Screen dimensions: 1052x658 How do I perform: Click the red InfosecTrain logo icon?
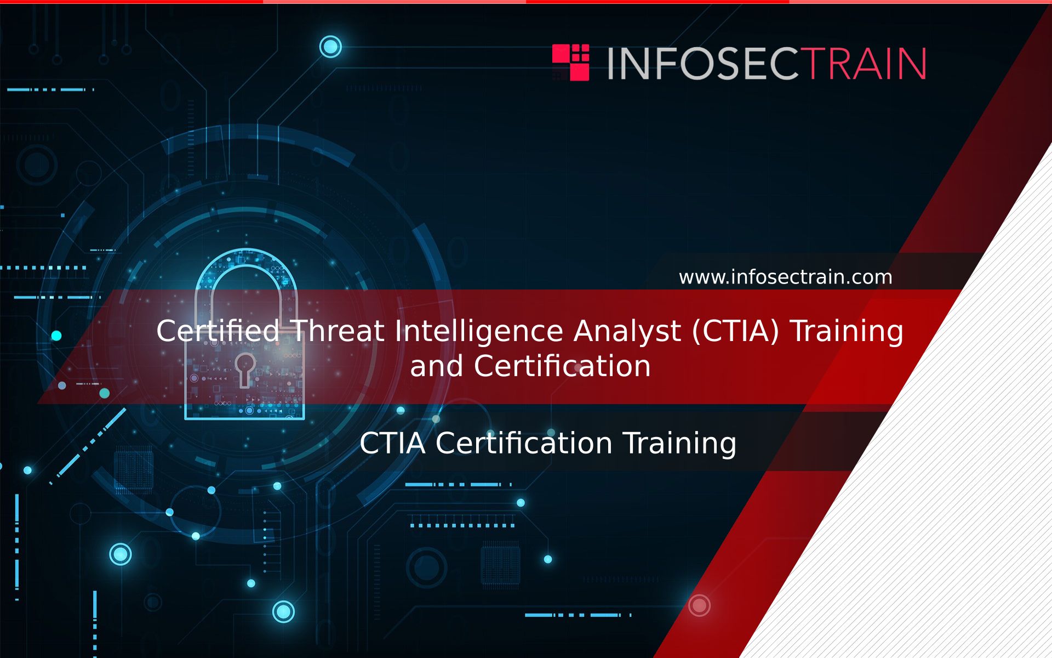point(570,63)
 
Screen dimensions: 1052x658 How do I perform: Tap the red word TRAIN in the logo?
point(865,64)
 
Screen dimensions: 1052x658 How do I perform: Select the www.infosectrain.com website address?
point(785,277)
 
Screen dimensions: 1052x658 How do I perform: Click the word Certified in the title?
point(218,331)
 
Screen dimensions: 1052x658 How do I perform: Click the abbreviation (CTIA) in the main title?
point(735,332)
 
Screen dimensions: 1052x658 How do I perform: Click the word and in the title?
point(436,366)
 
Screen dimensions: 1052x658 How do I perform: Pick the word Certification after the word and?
point(562,366)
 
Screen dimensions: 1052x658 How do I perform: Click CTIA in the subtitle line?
point(392,443)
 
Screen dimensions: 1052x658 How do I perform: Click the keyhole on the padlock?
point(245,369)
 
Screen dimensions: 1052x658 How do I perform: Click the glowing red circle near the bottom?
point(699,605)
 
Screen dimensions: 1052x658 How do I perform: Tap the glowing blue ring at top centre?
point(330,47)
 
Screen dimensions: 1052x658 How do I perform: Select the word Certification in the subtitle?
point(524,443)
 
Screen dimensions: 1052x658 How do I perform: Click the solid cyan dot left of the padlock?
point(56,336)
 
